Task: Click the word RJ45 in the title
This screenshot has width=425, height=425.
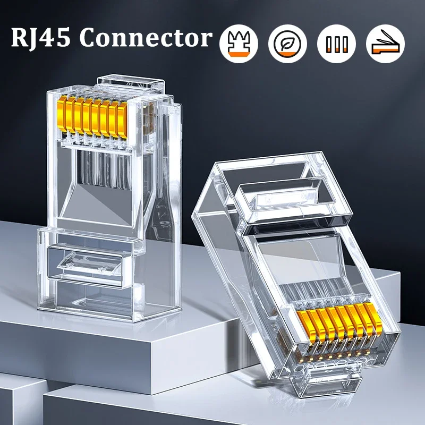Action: click(x=41, y=39)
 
